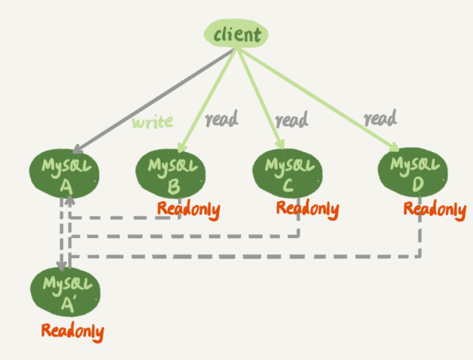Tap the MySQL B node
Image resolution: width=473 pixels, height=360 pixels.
[169, 174]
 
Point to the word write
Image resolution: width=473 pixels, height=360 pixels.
[152, 121]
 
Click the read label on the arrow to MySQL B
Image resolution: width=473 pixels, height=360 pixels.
[221, 119]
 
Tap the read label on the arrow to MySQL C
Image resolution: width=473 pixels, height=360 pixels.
[291, 118]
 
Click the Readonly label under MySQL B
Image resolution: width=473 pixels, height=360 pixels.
[189, 210]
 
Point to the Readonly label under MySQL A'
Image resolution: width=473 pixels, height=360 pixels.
[72, 331]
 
